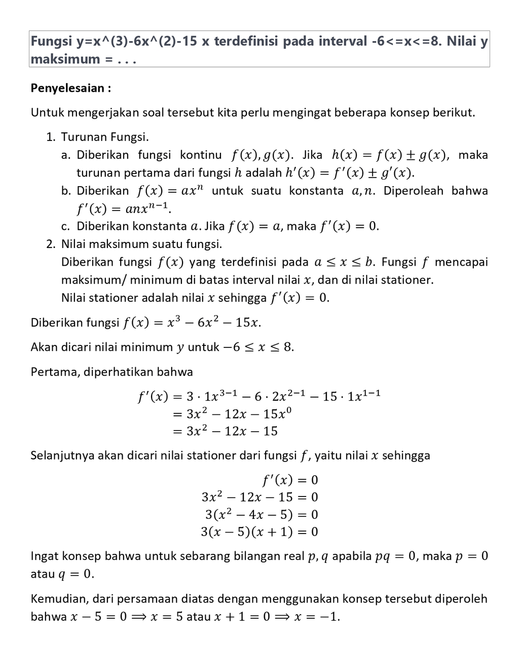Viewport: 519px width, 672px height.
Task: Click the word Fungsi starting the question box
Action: point(49,42)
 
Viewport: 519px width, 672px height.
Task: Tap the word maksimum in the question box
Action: point(65,59)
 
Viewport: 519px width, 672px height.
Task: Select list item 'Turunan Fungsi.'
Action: point(105,137)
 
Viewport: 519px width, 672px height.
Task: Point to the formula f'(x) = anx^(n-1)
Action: point(124,209)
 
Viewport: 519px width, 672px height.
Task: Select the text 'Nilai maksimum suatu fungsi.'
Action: point(141,244)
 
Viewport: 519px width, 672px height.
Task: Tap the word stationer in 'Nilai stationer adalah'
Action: point(114,298)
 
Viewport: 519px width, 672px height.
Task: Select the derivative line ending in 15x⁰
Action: point(232,414)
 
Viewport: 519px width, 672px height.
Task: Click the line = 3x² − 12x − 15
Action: point(225,432)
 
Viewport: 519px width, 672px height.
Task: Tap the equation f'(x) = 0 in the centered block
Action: point(290,480)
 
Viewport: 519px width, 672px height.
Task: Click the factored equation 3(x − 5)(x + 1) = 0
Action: point(259,532)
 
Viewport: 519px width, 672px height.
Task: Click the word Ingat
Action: point(44,556)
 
